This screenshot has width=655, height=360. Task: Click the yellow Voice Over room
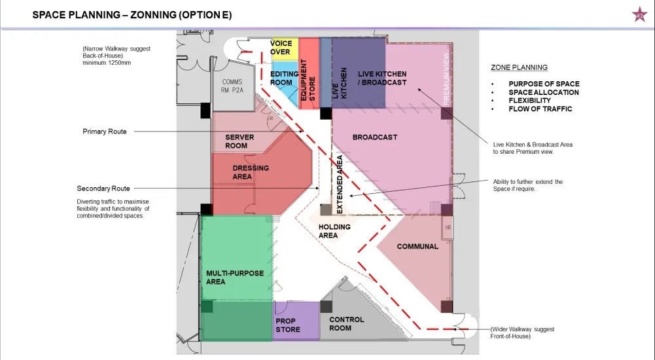pos(284,49)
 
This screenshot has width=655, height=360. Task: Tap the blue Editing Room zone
pos(285,82)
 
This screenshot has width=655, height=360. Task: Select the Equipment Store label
pos(308,80)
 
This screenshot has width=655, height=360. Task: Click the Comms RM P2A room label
pos(232,86)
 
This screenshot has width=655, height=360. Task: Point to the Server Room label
pos(239,141)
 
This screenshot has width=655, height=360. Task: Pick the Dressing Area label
pos(251,172)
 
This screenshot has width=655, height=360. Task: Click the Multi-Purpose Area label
pos(235,278)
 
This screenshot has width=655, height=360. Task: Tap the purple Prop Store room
pos(296,321)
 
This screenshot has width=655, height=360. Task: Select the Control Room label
pos(346,323)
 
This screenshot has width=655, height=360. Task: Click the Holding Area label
pos(334,231)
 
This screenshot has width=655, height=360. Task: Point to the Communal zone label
pos(417,246)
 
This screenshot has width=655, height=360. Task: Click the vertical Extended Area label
pos(340,184)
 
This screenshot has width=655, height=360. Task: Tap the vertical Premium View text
pos(446,79)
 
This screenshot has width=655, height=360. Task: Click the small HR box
pos(448,227)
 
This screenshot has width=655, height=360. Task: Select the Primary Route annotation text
pos(105,132)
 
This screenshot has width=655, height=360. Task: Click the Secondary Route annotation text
pos(103,189)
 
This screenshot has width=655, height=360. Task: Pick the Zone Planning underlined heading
pos(519,67)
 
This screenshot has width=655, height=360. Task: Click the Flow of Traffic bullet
pos(540,109)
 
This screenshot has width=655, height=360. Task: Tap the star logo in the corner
pos(639,16)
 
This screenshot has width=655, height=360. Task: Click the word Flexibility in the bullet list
pos(529,101)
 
